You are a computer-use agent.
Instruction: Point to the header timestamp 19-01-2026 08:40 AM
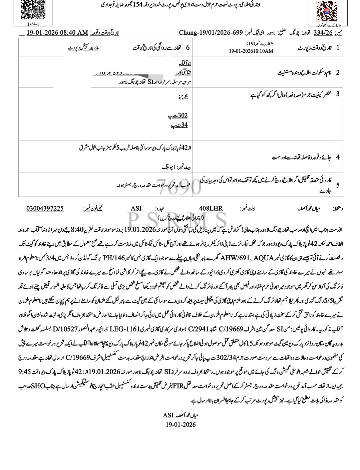click(x=57, y=33)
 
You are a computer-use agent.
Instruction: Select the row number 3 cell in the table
click(x=338, y=94)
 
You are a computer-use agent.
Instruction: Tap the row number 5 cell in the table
click(x=338, y=185)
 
